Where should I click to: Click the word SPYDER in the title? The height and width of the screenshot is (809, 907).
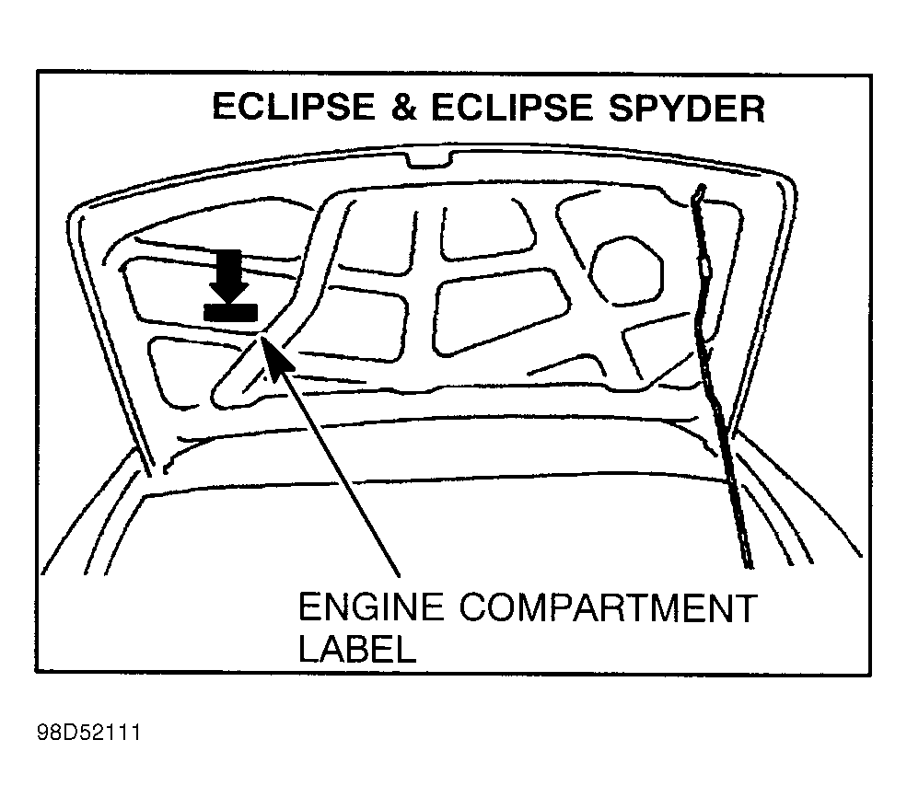(687, 108)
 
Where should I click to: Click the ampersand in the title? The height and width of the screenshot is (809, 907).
(403, 108)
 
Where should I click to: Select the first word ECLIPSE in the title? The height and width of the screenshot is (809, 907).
(294, 107)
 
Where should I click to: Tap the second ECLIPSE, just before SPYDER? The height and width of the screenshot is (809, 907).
(512, 108)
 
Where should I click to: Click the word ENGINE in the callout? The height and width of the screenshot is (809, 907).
(371, 607)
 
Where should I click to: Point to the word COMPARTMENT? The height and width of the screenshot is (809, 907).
(609, 607)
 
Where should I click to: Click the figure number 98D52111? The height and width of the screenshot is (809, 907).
(88, 734)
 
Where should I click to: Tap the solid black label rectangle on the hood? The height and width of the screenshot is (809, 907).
(231, 312)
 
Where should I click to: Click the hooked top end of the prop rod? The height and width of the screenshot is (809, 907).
(699, 192)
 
